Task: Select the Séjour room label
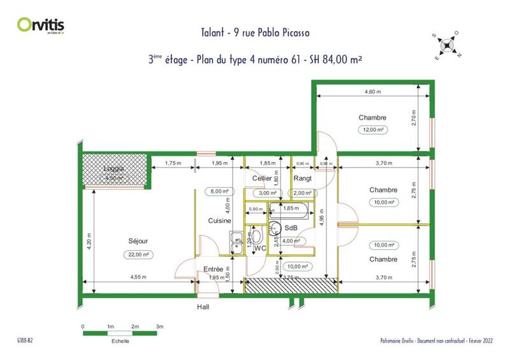138,241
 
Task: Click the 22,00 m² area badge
138,255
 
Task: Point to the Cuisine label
219,220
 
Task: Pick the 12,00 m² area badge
372,129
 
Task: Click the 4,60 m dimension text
372,92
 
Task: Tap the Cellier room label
261,179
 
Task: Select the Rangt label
302,179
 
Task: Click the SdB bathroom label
291,228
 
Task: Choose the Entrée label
213,269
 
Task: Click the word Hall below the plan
203,306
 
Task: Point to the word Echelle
120,340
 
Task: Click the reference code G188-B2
25,341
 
